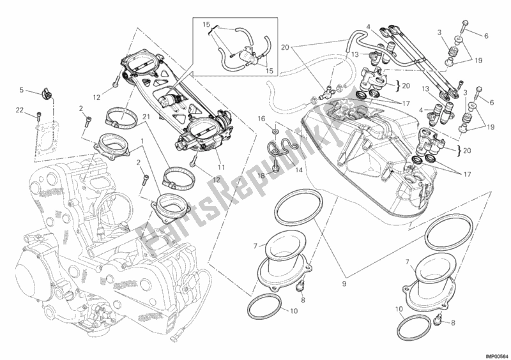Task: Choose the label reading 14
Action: click(x=298, y=170)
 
